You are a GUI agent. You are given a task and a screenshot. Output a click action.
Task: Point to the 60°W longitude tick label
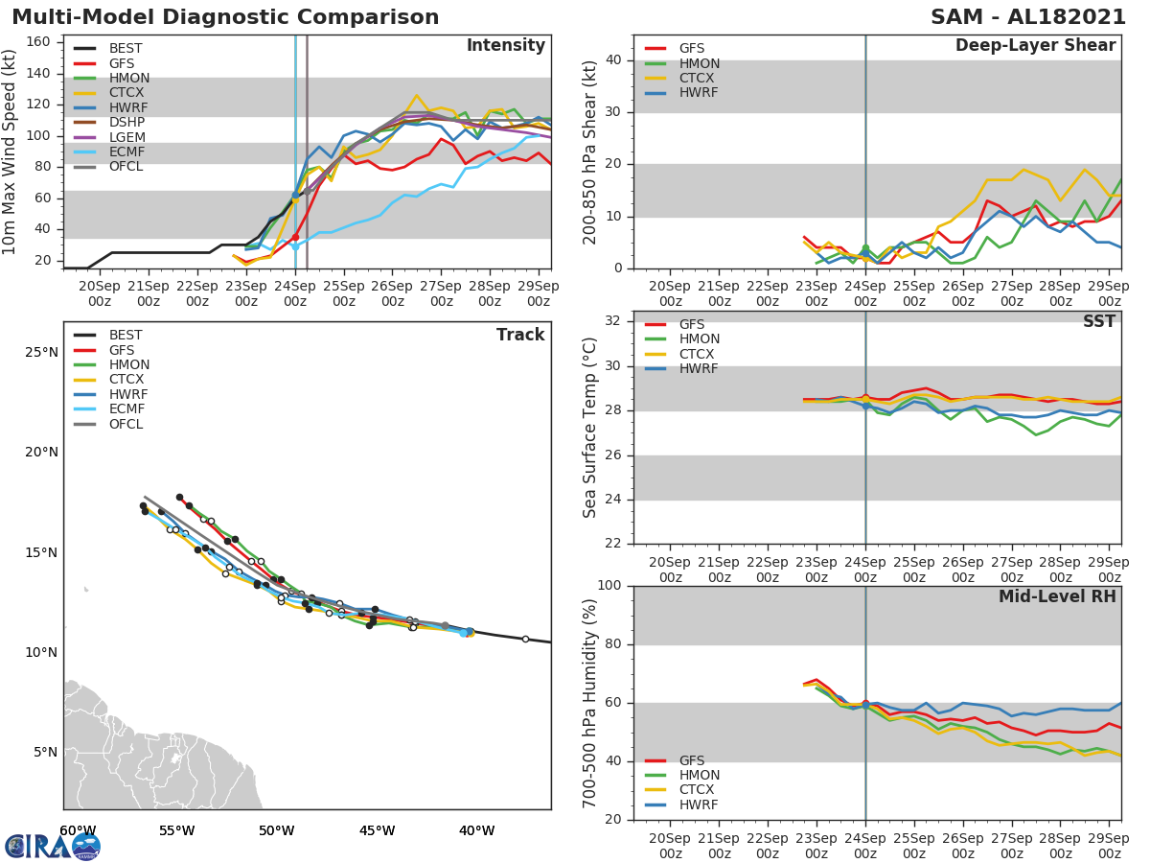coord(78,830)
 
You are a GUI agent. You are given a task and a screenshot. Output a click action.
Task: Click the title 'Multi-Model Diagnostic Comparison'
coord(225,17)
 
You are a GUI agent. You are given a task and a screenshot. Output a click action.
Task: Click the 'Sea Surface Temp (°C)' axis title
coord(590,427)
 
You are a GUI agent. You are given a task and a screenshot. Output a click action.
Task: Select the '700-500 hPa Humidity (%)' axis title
coord(590,702)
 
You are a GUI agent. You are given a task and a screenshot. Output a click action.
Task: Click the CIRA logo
coord(53,846)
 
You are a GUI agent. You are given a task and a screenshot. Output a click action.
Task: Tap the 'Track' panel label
coord(520,335)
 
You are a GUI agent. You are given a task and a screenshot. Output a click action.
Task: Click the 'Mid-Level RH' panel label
coord(1057,596)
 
